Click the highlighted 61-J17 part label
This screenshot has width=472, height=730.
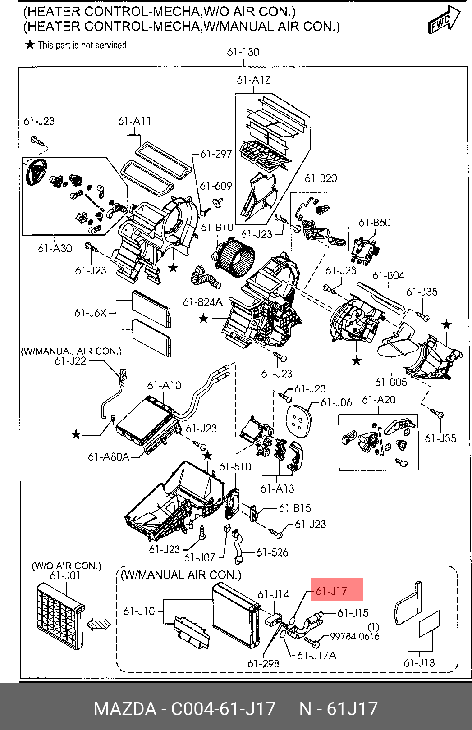[331, 591]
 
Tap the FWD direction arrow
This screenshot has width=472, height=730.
[444, 20]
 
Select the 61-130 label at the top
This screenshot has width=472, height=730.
[243, 52]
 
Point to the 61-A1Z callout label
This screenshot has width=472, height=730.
[253, 80]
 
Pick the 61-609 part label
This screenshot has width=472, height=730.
[215, 186]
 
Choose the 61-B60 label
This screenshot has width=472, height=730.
[375, 223]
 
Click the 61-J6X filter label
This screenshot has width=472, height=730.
[90, 313]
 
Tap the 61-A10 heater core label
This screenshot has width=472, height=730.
[164, 386]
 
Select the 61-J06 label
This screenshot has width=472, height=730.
[336, 402]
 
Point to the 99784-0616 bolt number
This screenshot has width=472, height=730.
[355, 636]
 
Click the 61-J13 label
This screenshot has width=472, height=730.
[419, 663]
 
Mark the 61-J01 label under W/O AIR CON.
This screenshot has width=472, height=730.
[65, 576]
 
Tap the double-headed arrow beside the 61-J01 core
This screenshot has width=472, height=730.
[98, 625]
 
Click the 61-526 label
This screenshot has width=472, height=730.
[272, 552]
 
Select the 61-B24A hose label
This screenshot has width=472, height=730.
[203, 302]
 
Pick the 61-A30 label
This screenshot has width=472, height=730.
[55, 248]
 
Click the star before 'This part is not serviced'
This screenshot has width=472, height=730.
[30, 45]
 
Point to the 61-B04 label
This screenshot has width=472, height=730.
[388, 275]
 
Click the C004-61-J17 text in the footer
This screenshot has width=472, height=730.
[223, 709]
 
